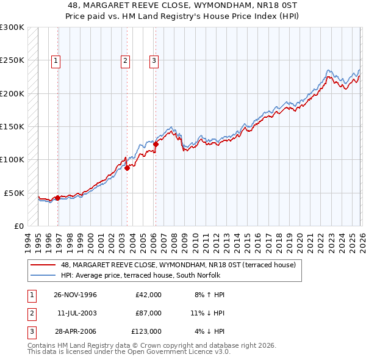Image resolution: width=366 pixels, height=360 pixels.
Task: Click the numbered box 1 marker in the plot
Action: point(56,60)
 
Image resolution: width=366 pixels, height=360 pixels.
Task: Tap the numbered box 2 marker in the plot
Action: point(124,60)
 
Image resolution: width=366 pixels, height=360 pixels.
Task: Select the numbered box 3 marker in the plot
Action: point(154,60)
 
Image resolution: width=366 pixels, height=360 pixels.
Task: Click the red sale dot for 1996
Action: point(57,198)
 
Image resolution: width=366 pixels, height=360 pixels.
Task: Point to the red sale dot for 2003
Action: point(127,168)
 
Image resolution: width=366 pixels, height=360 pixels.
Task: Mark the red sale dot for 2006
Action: point(156,145)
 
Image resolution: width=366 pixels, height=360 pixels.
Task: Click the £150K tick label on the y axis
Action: point(12,126)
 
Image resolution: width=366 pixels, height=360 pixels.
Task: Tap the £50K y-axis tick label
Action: point(14,193)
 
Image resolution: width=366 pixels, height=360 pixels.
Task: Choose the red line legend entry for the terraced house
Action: point(178,265)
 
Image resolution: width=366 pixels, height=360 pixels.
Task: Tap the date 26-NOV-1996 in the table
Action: point(76,295)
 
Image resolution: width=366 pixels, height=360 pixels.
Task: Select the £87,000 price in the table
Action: point(148,313)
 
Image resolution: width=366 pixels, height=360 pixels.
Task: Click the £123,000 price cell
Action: point(146,331)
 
